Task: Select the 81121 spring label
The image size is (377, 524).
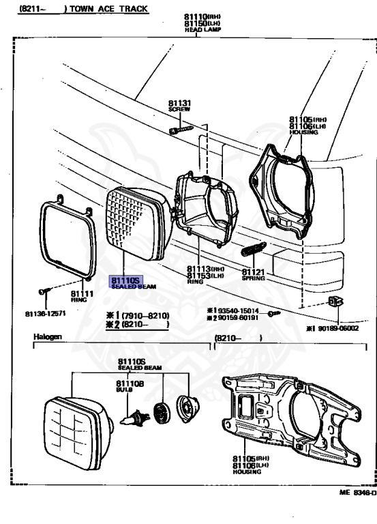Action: coord(253,272)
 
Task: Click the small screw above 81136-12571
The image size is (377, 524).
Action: coord(44,291)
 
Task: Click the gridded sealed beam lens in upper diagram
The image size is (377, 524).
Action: coord(134,222)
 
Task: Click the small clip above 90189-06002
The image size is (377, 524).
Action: coord(333,302)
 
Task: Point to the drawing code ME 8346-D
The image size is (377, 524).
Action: coord(357,493)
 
